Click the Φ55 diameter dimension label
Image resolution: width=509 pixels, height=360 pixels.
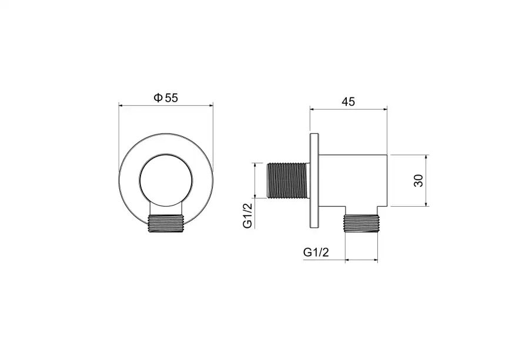coord(166,97)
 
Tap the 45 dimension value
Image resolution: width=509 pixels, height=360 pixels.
coord(349,102)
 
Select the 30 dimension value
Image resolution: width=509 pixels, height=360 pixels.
coord(418,181)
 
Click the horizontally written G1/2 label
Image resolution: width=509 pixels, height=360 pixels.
coord(316,252)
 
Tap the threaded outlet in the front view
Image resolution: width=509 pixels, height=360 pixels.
coord(166,224)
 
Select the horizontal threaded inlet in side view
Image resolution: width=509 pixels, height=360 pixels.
coord(287,181)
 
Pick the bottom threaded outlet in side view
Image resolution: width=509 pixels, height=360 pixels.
coord(361,224)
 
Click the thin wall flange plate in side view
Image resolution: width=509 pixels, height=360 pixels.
coord(314,181)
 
